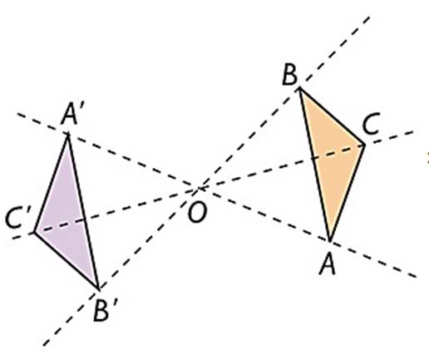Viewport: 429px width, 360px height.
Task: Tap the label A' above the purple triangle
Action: click(x=72, y=114)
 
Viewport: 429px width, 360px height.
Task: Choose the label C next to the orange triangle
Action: click(x=371, y=127)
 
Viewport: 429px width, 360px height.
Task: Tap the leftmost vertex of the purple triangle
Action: click(x=34, y=232)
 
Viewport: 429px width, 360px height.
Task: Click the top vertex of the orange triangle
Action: click(x=299, y=88)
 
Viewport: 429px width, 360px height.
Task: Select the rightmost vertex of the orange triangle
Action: click(x=364, y=145)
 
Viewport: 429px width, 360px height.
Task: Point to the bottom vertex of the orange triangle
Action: click(x=329, y=240)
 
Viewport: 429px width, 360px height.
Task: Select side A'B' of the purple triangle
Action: click(x=83, y=212)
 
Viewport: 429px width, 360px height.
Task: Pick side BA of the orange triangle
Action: click(x=314, y=164)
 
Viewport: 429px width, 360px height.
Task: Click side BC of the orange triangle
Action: click(x=332, y=116)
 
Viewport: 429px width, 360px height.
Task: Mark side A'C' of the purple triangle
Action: click(x=51, y=184)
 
